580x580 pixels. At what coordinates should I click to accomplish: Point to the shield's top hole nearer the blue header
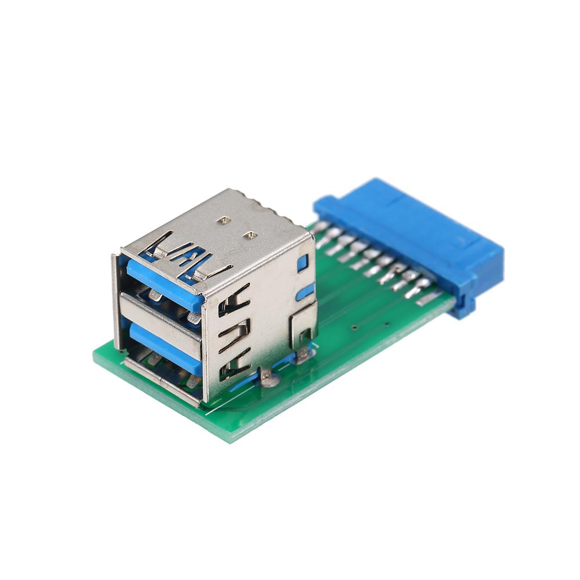point(251,235)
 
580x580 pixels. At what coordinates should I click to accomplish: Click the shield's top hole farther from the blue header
point(223,221)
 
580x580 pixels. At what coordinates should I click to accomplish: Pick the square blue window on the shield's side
point(302,263)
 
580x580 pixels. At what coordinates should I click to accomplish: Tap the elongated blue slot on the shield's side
point(305,292)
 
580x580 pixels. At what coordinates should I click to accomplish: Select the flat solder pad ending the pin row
point(429,298)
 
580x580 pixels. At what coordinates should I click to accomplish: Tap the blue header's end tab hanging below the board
point(463,307)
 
